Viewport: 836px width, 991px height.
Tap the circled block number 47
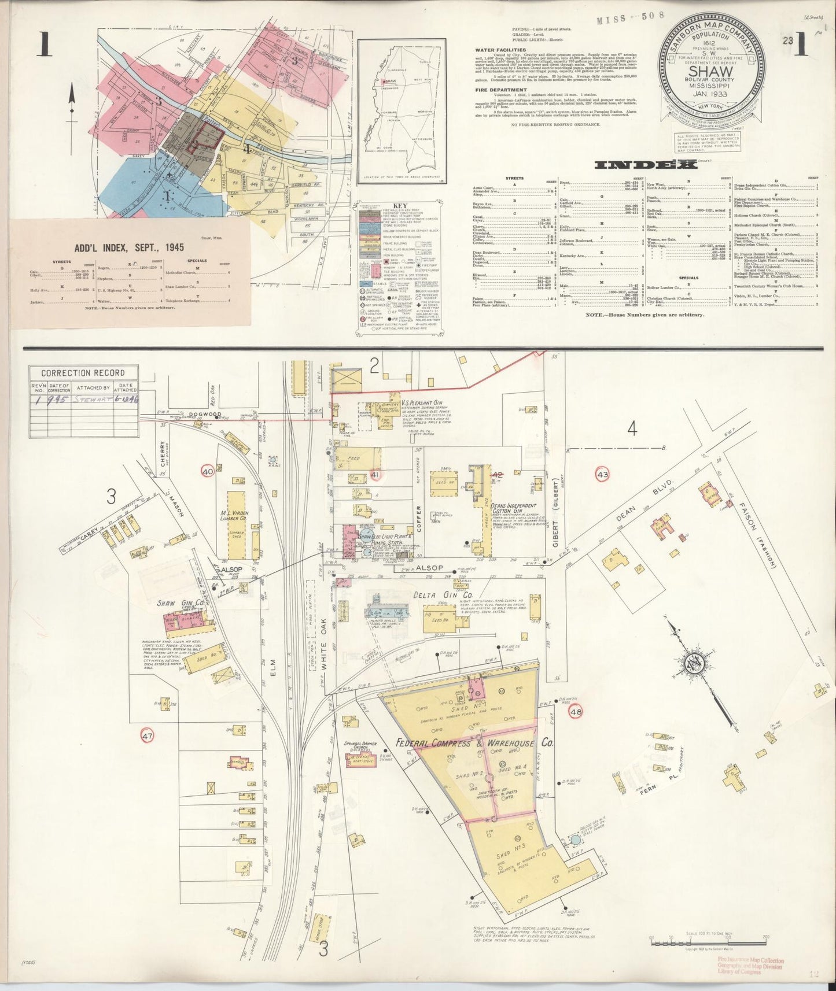147,736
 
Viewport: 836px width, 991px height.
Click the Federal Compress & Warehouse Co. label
474,743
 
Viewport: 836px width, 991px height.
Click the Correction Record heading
82,373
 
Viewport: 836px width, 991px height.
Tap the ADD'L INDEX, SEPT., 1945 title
129,247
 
